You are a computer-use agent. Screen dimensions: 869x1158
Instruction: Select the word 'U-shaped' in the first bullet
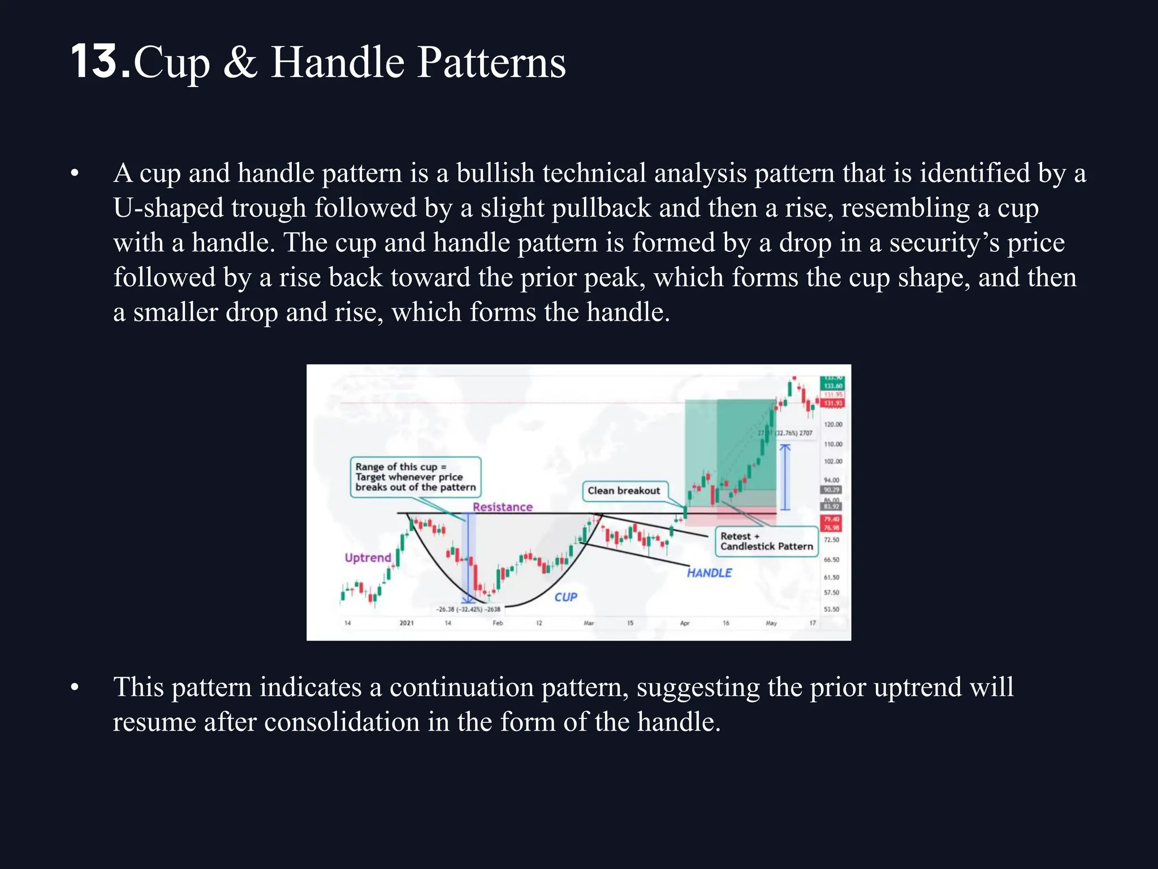(x=168, y=208)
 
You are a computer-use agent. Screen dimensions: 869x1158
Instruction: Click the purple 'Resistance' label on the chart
(x=503, y=507)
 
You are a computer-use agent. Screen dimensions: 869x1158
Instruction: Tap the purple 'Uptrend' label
(x=368, y=557)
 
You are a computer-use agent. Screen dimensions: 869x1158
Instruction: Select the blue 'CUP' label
(x=565, y=597)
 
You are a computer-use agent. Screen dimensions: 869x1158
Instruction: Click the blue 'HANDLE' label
(x=709, y=573)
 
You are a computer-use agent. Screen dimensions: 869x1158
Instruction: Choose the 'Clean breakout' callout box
(x=624, y=491)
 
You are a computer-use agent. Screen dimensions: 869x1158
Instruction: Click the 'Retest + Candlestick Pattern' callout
(x=766, y=541)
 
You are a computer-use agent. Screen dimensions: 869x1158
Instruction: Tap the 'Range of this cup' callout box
(x=416, y=477)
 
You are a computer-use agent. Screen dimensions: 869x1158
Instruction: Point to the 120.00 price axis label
(x=833, y=424)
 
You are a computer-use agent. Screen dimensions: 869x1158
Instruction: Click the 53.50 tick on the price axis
(x=831, y=609)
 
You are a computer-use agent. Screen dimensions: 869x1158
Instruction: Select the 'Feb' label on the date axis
(x=498, y=623)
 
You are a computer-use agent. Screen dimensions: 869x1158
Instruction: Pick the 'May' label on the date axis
(x=771, y=623)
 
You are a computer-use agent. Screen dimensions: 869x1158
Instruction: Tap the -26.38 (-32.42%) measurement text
(x=468, y=609)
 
